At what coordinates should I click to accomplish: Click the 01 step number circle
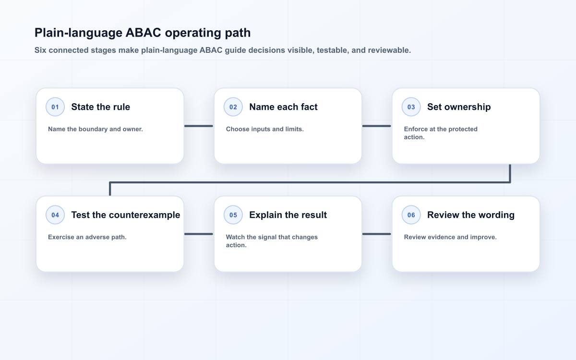click(55, 107)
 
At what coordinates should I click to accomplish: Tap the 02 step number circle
click(233, 107)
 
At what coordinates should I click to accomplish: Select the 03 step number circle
click(411, 107)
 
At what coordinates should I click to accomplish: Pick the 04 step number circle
click(55, 215)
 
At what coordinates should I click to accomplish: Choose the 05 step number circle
click(233, 215)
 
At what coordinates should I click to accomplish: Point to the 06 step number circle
click(411, 215)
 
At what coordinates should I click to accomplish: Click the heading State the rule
click(100, 107)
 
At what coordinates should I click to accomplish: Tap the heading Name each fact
click(283, 107)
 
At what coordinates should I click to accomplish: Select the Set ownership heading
click(459, 107)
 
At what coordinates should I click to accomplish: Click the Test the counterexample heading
click(126, 215)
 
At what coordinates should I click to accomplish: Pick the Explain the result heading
click(288, 215)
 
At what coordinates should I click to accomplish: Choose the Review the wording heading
click(471, 215)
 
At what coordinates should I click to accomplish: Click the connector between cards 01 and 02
click(199, 126)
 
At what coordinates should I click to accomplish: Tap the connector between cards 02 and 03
click(376, 126)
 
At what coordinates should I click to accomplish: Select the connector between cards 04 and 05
click(199, 234)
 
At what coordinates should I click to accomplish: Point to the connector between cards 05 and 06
click(376, 234)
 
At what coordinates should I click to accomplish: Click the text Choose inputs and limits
click(265, 129)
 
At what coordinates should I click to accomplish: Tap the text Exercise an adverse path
click(87, 237)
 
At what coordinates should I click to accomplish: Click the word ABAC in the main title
click(143, 33)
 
